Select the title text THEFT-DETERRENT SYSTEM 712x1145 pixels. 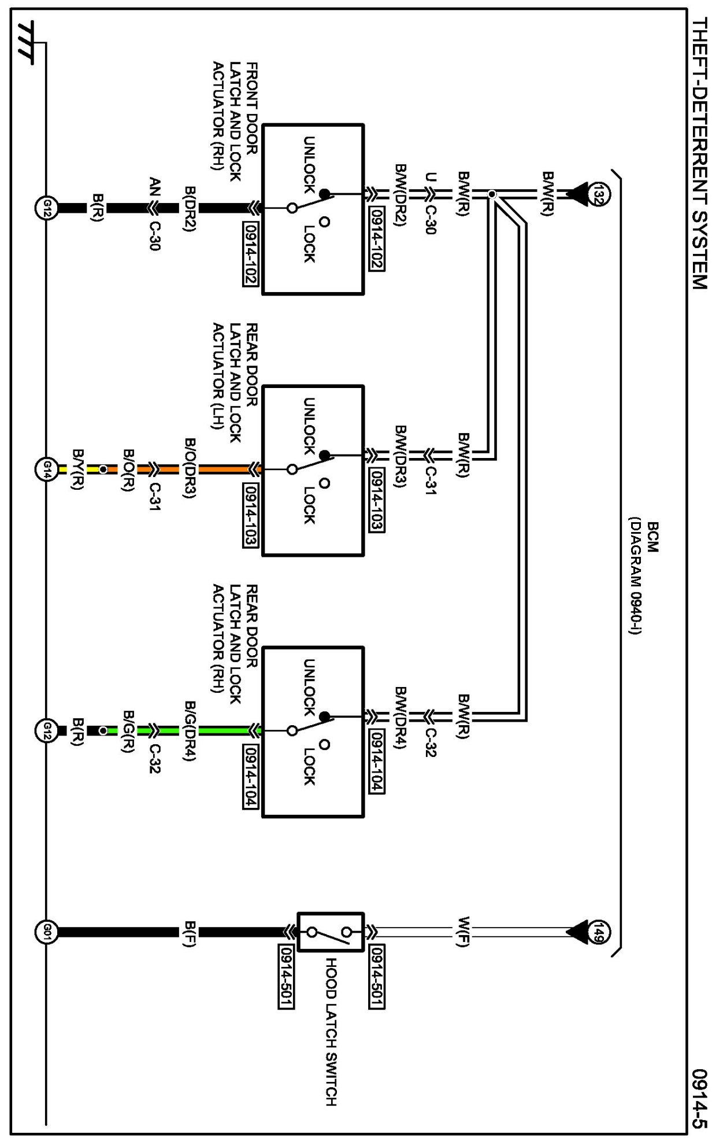click(699, 154)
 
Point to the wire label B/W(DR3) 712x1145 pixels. click(401, 456)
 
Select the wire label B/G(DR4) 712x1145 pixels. click(190, 731)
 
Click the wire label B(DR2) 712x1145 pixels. click(190, 208)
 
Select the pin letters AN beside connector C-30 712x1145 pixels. click(154, 188)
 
